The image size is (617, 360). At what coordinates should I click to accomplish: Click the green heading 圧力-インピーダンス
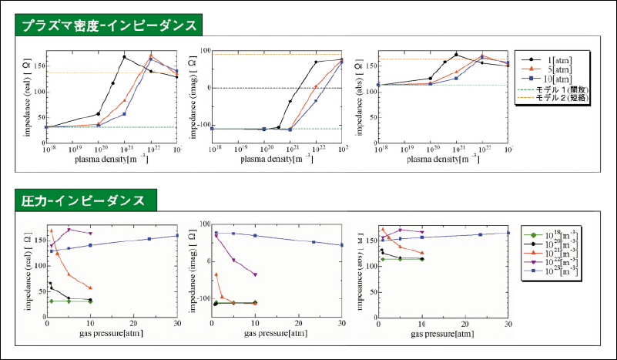click(x=84, y=200)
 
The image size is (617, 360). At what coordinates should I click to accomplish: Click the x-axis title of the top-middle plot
click(x=275, y=160)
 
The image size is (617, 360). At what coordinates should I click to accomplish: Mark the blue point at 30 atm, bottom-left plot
click(x=176, y=236)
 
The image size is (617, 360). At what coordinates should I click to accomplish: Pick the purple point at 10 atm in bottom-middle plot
click(x=255, y=274)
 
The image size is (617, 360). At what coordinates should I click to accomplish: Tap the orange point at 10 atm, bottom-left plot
click(x=90, y=288)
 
